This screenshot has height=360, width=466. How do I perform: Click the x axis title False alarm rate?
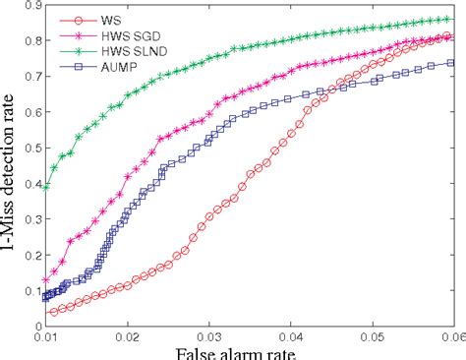pos(249,352)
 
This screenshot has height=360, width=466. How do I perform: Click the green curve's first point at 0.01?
pos(45,185)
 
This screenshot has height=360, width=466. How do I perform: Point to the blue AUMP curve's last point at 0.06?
pos(451,62)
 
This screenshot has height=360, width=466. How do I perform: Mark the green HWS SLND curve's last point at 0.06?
pos(451,19)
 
